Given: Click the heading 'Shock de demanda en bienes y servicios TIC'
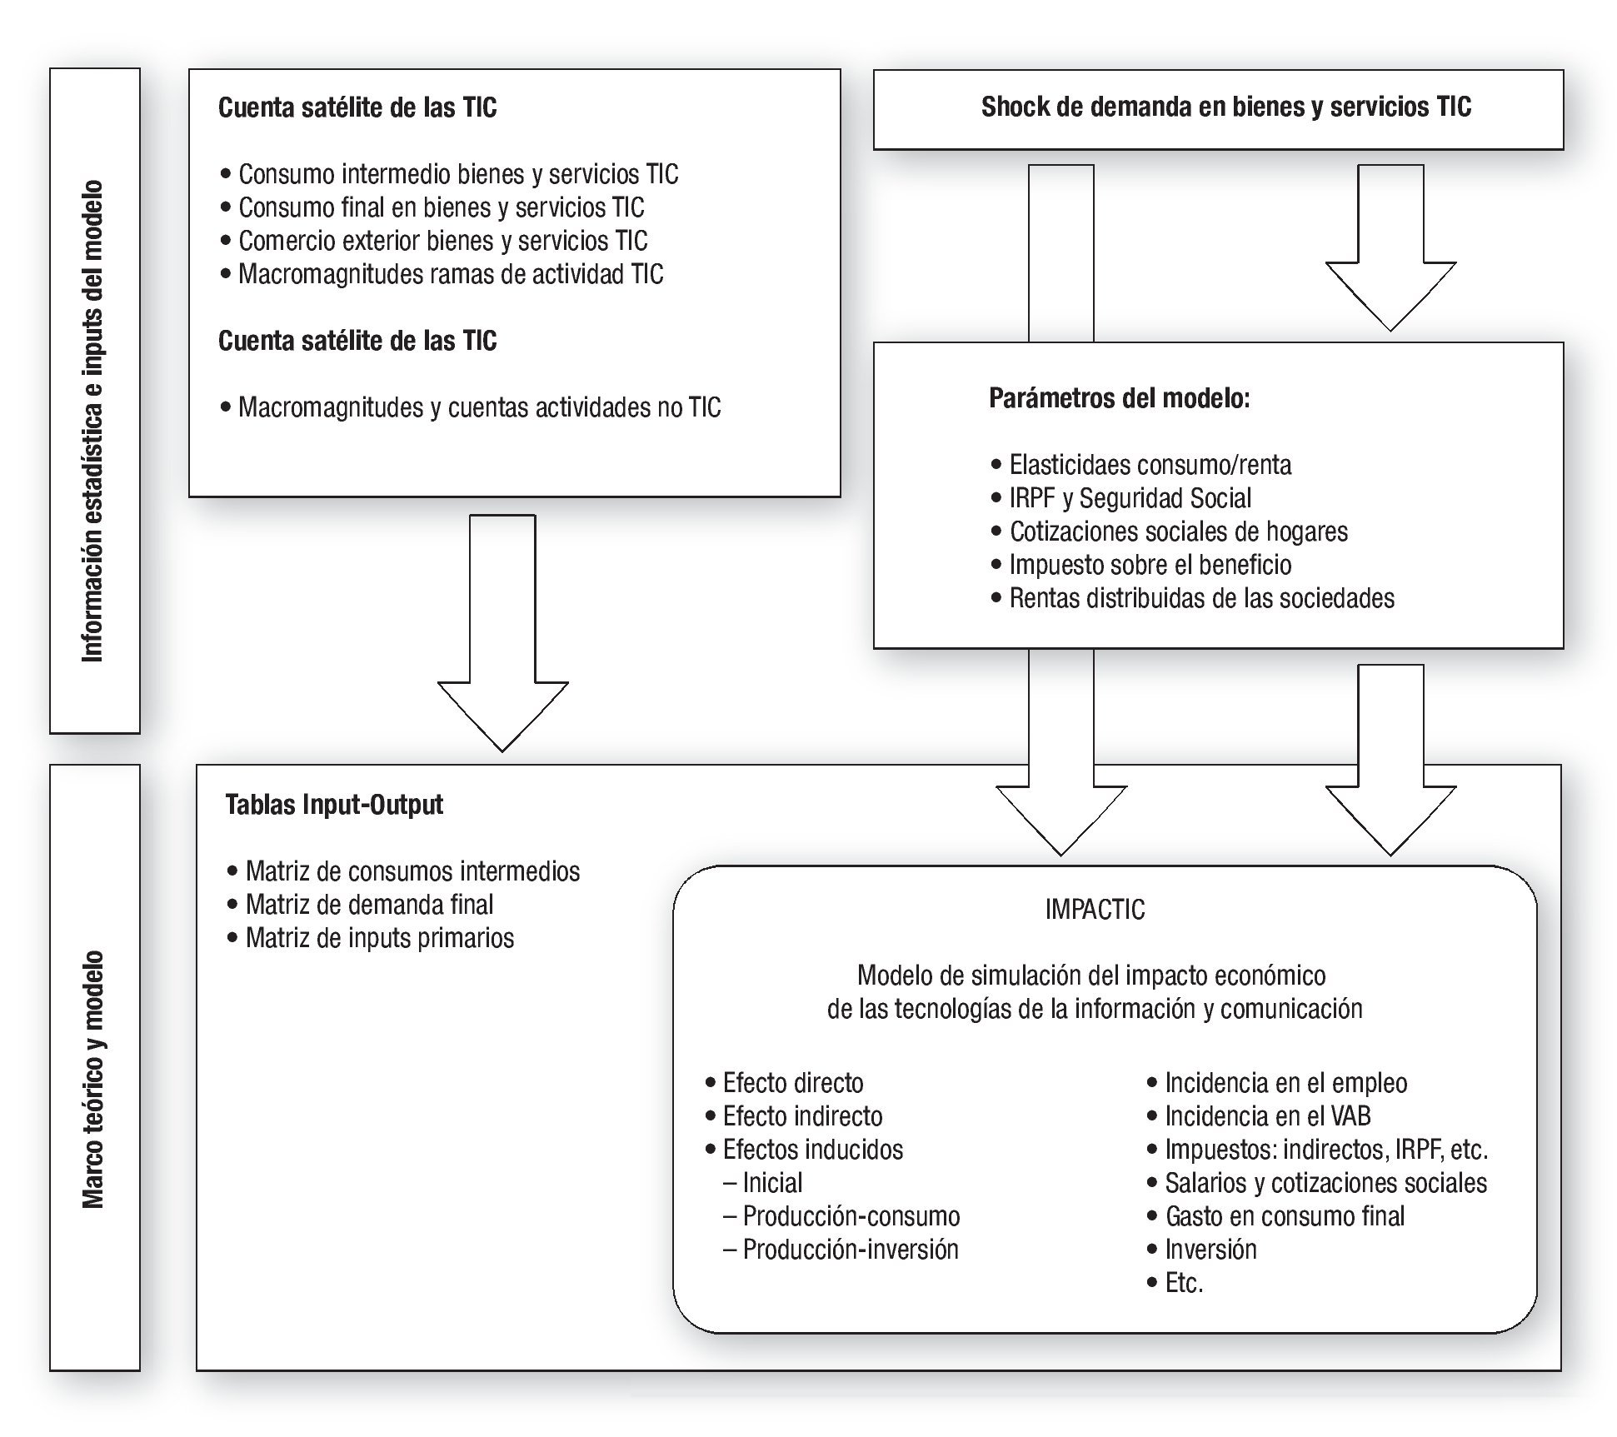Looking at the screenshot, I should pos(1225,107).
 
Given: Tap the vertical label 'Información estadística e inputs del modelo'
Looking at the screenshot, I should pos(93,421).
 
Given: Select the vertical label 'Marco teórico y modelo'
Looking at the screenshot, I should pos(93,1079).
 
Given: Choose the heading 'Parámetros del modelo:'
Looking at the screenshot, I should pos(1119,398).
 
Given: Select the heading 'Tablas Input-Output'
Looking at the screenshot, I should pos(334,805).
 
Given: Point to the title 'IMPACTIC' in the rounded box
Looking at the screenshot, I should pos(1095,909).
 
